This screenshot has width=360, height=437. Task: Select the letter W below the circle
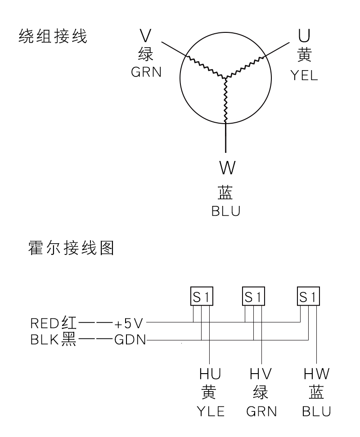(x=226, y=168)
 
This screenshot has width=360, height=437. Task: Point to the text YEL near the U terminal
(x=304, y=75)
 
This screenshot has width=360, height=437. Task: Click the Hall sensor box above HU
(x=201, y=296)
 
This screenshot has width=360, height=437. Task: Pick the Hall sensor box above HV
(x=253, y=296)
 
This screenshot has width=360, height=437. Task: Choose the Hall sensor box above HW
(x=309, y=296)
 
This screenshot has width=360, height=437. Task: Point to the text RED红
(x=53, y=322)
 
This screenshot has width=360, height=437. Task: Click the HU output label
(x=210, y=375)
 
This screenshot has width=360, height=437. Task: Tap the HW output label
(x=317, y=375)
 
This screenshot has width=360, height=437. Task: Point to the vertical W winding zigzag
(x=225, y=101)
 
